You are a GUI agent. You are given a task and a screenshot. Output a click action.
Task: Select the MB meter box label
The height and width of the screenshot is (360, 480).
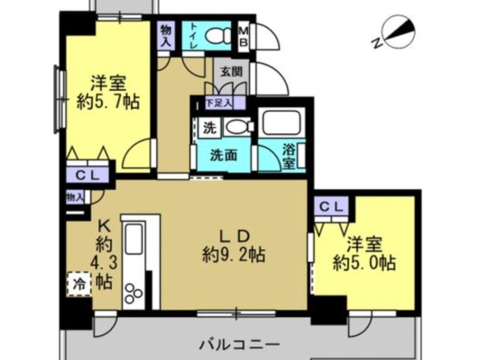[243, 36]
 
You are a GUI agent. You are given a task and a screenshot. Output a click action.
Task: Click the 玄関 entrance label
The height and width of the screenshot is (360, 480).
[232, 72]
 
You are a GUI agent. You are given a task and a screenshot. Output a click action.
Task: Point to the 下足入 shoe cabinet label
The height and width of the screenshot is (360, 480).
[219, 103]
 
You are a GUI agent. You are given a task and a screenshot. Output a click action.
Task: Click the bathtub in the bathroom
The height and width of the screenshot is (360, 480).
[282, 122]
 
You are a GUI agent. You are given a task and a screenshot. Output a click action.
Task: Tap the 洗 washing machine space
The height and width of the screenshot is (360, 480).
[210, 127]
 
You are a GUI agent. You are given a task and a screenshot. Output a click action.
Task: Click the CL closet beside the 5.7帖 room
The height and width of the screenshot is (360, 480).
[87, 175]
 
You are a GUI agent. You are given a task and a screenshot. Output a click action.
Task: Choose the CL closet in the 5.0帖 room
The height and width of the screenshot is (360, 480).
[331, 207]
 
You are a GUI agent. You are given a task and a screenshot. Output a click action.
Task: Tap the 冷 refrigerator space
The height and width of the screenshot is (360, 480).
[79, 284]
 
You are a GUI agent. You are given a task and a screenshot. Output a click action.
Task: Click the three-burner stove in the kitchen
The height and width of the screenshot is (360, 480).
[133, 294]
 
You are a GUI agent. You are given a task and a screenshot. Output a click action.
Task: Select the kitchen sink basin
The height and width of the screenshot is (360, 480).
[134, 239]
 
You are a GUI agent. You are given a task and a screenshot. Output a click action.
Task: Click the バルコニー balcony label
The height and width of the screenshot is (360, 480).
[239, 344]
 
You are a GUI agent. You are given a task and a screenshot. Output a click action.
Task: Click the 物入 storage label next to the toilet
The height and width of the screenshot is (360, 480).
[167, 35]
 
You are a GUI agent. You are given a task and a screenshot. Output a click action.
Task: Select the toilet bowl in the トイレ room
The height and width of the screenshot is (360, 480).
[219, 35]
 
